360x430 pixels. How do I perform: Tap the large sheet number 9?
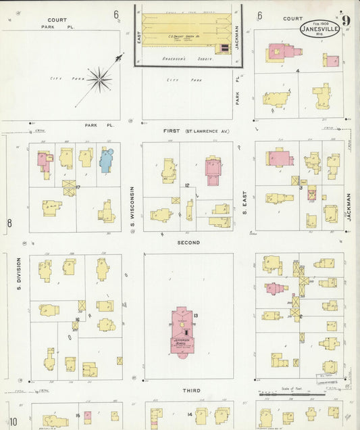(x=346, y=20)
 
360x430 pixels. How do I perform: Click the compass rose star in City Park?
(x=99, y=80)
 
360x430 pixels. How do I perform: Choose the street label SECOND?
(x=188, y=242)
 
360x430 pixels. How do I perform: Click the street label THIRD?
(x=190, y=391)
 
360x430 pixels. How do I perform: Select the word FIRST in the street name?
(x=172, y=130)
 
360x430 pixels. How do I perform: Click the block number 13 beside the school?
(x=195, y=316)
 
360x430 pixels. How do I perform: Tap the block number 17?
(x=78, y=187)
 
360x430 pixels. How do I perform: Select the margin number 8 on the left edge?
(x=9, y=222)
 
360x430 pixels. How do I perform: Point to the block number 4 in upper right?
(x=297, y=70)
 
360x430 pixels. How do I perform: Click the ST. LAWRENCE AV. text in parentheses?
(x=207, y=130)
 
